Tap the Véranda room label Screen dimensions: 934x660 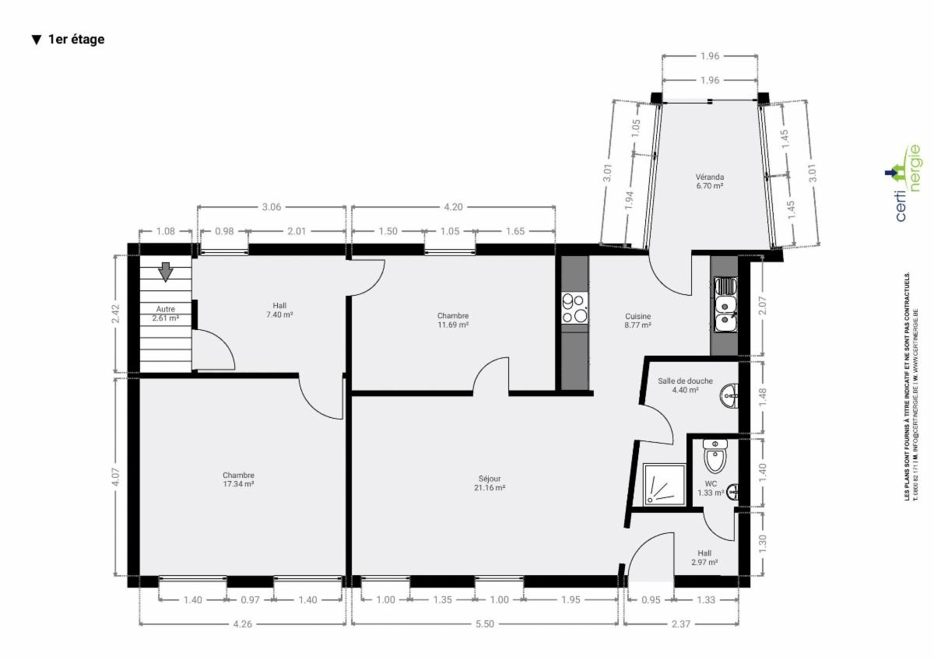coord(709,181)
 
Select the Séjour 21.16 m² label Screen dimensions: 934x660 coord(490,483)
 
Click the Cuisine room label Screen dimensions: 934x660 coord(637,321)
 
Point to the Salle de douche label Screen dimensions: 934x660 coord(685,385)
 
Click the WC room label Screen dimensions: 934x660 coord(711,488)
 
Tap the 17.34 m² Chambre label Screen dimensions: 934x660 coord(238,479)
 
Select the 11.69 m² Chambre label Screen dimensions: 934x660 coord(453,320)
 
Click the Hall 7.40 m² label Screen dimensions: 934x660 coord(279,311)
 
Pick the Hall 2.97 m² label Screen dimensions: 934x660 coord(704,557)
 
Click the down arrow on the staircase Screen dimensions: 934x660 coord(166,272)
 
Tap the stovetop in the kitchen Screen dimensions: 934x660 coord(574,308)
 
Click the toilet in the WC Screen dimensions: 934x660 coord(715,456)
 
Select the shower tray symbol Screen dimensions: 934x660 coord(664,484)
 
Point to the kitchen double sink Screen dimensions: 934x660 coord(725,304)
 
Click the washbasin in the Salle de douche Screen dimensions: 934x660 coord(729,395)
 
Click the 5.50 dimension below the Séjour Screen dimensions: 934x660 coord(484,623)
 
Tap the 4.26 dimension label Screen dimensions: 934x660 coord(242,623)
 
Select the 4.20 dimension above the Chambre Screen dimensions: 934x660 coord(453,207)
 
